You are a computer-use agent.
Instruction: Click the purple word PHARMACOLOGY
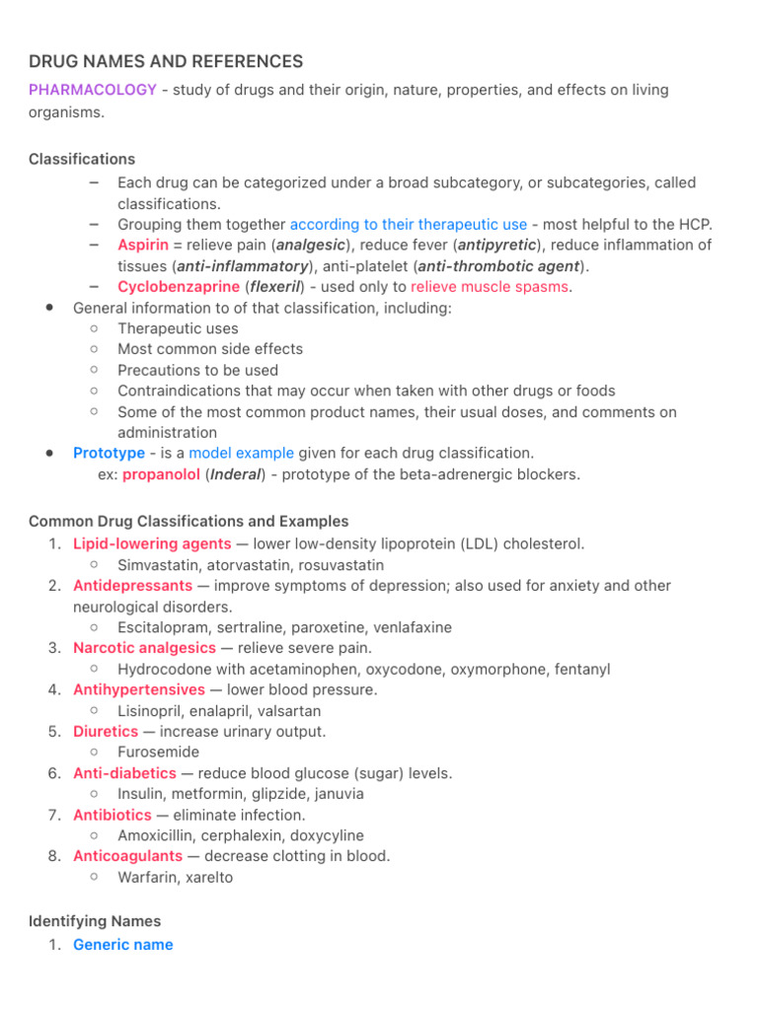pyautogui.click(x=93, y=90)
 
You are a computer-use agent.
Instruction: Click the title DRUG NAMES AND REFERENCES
pyautogui.click(x=166, y=61)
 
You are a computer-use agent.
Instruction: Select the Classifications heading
pyautogui.click(x=82, y=159)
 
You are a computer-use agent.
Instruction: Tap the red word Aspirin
pyautogui.click(x=143, y=245)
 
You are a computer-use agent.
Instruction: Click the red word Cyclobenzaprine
pyautogui.click(x=179, y=287)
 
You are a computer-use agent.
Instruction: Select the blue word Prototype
pyautogui.click(x=109, y=453)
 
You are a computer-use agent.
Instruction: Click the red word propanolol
pyautogui.click(x=162, y=474)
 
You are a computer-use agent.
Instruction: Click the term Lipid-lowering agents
pyautogui.click(x=152, y=543)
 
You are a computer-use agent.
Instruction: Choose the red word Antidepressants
pyautogui.click(x=132, y=586)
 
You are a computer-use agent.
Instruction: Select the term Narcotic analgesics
pyautogui.click(x=144, y=648)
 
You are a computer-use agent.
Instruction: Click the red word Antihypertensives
pyautogui.click(x=139, y=689)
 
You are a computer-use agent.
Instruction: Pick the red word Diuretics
pyautogui.click(x=106, y=732)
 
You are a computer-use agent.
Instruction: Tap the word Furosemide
pyautogui.click(x=158, y=752)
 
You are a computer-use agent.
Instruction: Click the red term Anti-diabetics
pyautogui.click(x=124, y=773)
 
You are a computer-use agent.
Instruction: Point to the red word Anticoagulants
pyautogui.click(x=128, y=856)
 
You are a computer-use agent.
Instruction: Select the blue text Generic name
pyautogui.click(x=123, y=945)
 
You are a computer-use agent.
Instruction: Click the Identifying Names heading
pyautogui.click(x=95, y=921)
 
